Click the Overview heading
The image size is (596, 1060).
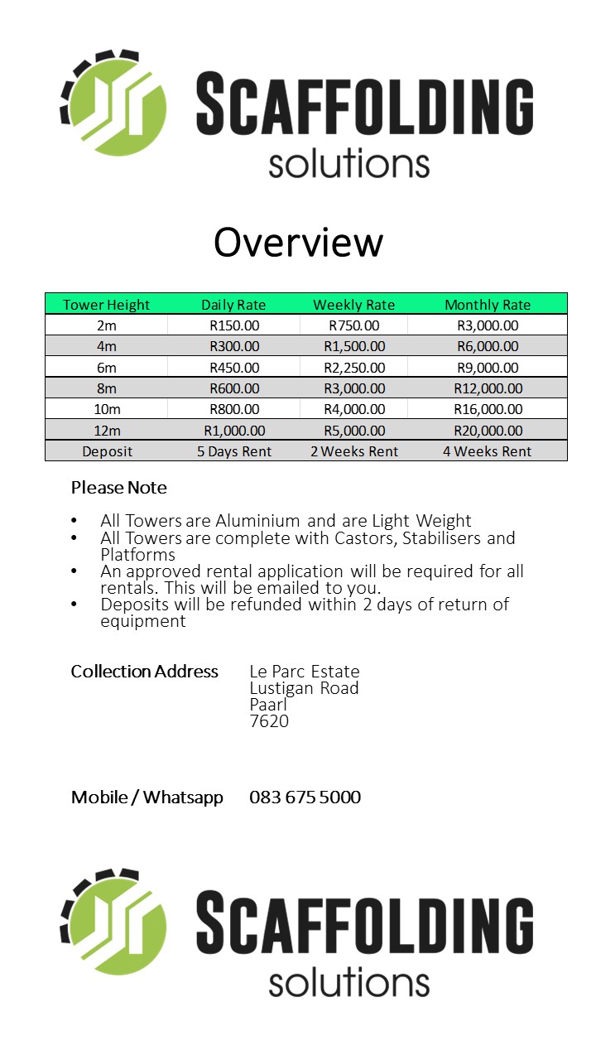tap(298, 243)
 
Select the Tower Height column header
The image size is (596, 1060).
tap(106, 305)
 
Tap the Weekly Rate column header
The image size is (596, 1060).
tap(353, 305)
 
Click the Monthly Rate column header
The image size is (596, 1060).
tap(488, 305)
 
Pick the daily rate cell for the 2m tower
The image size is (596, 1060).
tap(234, 325)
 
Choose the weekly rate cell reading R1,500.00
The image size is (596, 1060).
tap(353, 346)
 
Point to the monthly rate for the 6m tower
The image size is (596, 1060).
tap(488, 368)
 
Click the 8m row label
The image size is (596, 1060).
tap(107, 388)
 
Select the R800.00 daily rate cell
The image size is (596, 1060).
tap(234, 409)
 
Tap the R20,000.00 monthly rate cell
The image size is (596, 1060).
tap(488, 431)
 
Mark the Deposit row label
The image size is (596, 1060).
tap(107, 451)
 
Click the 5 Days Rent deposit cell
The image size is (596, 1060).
tap(234, 451)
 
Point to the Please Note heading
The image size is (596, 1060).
tap(118, 488)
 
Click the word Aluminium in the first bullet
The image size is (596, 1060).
tap(257, 521)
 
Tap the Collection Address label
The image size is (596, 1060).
tap(144, 671)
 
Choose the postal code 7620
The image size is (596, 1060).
tap(269, 721)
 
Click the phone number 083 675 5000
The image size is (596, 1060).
tap(305, 797)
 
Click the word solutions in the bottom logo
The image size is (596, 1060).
tap(348, 983)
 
